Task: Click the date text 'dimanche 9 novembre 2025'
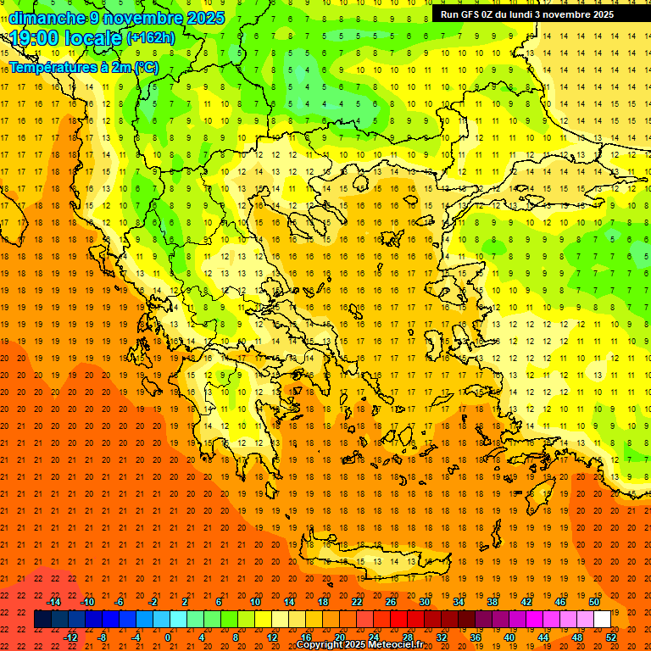click(117, 18)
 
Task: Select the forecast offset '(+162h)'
click(151, 38)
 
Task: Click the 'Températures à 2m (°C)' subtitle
click(83, 66)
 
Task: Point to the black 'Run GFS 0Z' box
click(534, 14)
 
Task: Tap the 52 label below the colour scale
click(611, 637)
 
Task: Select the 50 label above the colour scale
click(594, 602)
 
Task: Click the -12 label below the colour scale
click(70, 637)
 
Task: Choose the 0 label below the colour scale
click(168, 637)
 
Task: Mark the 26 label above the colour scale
click(391, 602)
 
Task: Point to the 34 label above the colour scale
click(459, 602)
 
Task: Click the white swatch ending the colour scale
click(602, 620)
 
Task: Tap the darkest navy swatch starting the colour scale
click(43, 620)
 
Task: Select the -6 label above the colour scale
click(120, 602)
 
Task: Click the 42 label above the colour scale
click(526, 602)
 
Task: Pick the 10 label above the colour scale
click(255, 602)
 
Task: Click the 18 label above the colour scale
click(323, 602)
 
